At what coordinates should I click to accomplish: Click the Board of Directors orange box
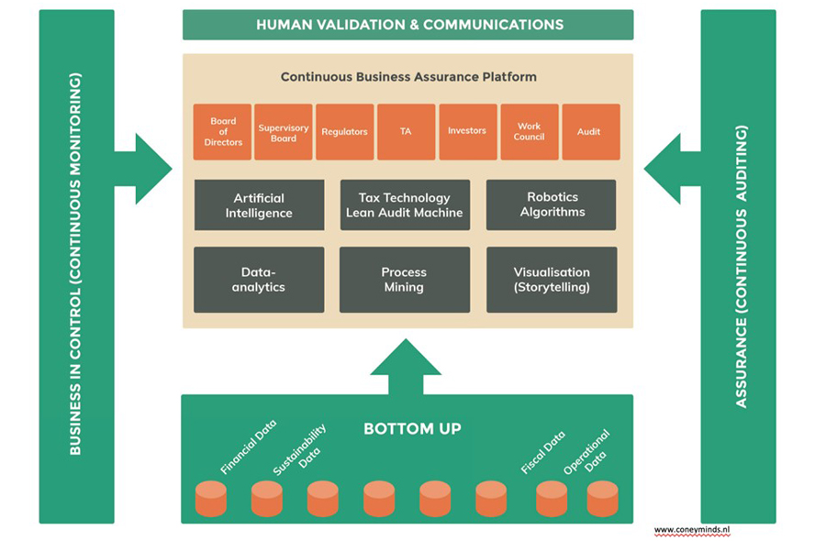pos(222,132)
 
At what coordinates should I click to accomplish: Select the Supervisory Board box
pos(284,132)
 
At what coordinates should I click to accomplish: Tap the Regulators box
pos(344,132)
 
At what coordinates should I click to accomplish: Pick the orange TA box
pos(406,132)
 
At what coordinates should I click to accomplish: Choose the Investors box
pos(467,132)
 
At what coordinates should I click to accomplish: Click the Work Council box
pos(529,132)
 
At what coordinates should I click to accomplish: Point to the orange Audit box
pos(589,132)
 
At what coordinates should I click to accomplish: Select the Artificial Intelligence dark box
pos(259,204)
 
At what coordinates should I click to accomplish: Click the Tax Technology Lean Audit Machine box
pos(404,204)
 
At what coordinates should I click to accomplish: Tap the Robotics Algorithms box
pos(552,204)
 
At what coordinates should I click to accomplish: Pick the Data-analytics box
pos(259,280)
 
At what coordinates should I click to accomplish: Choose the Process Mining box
pos(404,280)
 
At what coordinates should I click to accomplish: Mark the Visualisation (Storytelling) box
pos(552,280)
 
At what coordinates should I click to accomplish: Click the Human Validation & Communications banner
pos(408,25)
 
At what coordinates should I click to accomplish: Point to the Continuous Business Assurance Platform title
pos(408,77)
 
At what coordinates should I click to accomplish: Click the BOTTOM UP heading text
pos(412,428)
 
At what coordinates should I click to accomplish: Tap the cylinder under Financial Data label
pos(210,499)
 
